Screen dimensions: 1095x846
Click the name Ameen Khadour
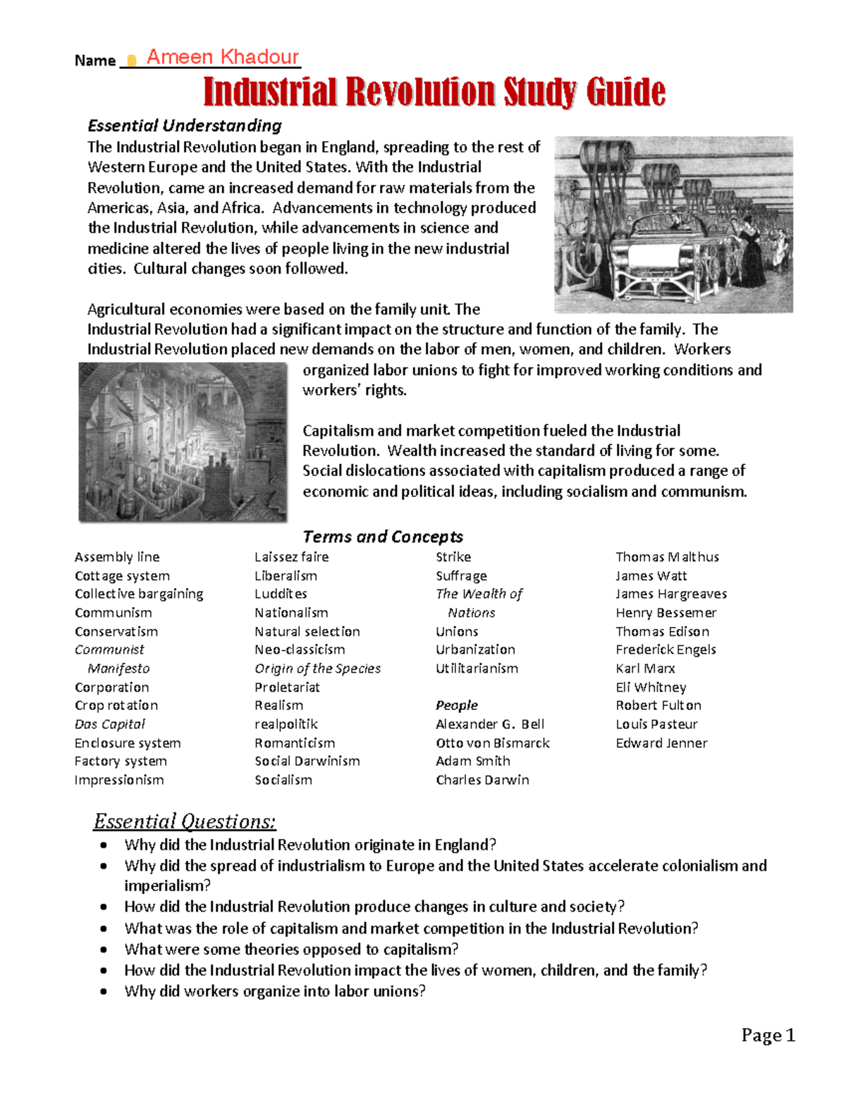(222, 57)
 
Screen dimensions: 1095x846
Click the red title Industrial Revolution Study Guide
(434, 92)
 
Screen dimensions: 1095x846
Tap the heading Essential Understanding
(184, 126)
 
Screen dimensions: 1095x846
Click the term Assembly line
(117, 557)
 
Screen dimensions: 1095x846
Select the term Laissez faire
(291, 557)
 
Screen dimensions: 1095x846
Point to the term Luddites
(281, 594)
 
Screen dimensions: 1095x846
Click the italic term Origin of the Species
(317, 668)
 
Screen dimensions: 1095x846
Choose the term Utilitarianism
(477, 668)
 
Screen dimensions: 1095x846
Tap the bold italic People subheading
(456, 705)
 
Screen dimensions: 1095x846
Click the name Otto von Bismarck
(492, 742)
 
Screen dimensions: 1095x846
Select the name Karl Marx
(645, 668)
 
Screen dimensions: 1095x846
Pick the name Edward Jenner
(661, 742)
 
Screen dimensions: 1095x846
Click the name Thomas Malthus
(667, 557)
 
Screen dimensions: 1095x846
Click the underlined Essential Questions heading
(185, 821)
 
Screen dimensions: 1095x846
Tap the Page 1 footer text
(768, 1035)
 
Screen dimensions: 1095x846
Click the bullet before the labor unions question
(104, 991)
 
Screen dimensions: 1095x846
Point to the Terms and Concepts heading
(383, 537)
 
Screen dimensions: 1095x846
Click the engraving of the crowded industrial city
(183, 442)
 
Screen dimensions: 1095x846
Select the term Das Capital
(109, 724)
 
